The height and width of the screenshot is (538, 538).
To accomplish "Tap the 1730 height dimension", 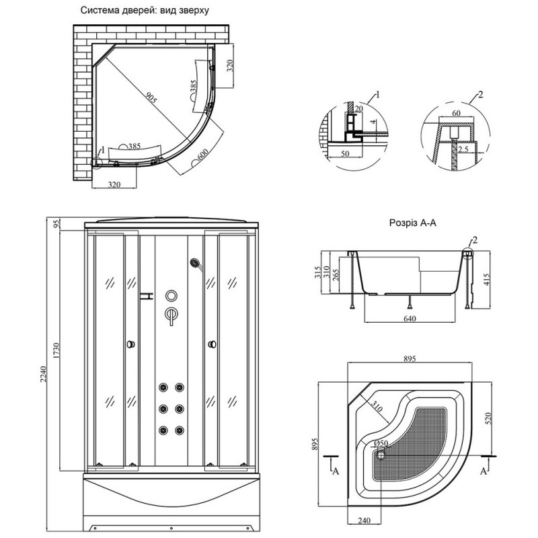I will [59, 350].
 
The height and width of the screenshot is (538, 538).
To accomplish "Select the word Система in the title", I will [100, 11].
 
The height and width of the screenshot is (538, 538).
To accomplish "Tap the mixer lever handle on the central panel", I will [171, 315].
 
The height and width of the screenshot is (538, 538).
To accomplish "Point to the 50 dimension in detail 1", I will [346, 154].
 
